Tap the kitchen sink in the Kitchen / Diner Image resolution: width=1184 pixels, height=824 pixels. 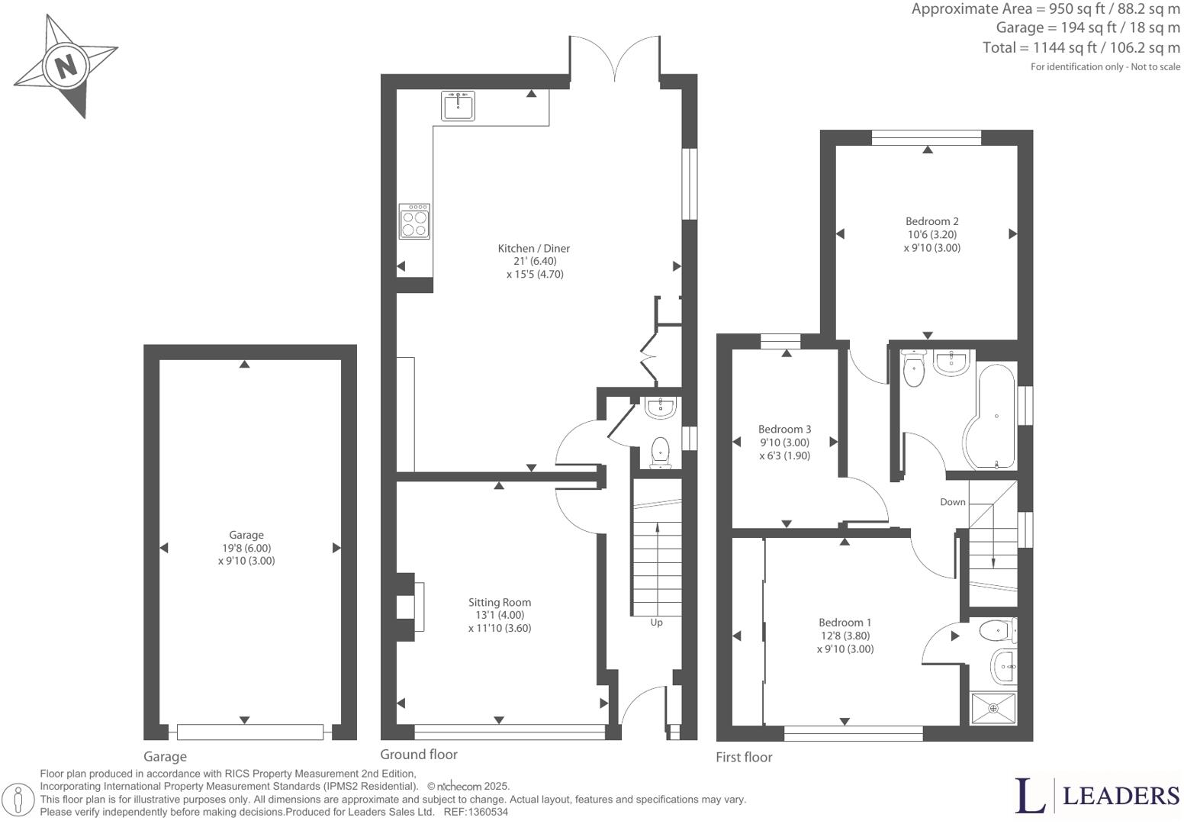pos(458,105)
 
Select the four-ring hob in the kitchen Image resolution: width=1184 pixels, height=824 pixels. pos(414,221)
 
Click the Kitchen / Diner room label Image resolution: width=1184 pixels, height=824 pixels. pos(533,248)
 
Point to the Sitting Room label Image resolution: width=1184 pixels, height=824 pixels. pos(500,602)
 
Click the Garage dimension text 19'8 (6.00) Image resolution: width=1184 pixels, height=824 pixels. pos(246,548)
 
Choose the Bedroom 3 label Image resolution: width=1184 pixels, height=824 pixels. pos(784,429)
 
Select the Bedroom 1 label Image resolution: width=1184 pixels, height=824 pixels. pos(845,622)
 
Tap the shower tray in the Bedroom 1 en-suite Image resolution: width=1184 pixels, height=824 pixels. pos(993,708)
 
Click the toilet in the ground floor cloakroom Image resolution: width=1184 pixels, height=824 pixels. pos(660,452)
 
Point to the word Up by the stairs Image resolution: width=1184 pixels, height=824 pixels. pos(656,623)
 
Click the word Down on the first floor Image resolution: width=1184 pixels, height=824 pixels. pos(952,502)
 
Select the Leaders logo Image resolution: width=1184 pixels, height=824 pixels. pos(1097,796)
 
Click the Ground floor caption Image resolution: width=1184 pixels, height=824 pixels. pos(419,755)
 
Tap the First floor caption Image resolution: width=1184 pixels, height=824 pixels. pos(744,757)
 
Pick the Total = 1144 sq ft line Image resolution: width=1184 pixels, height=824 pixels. pos(1081,47)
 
